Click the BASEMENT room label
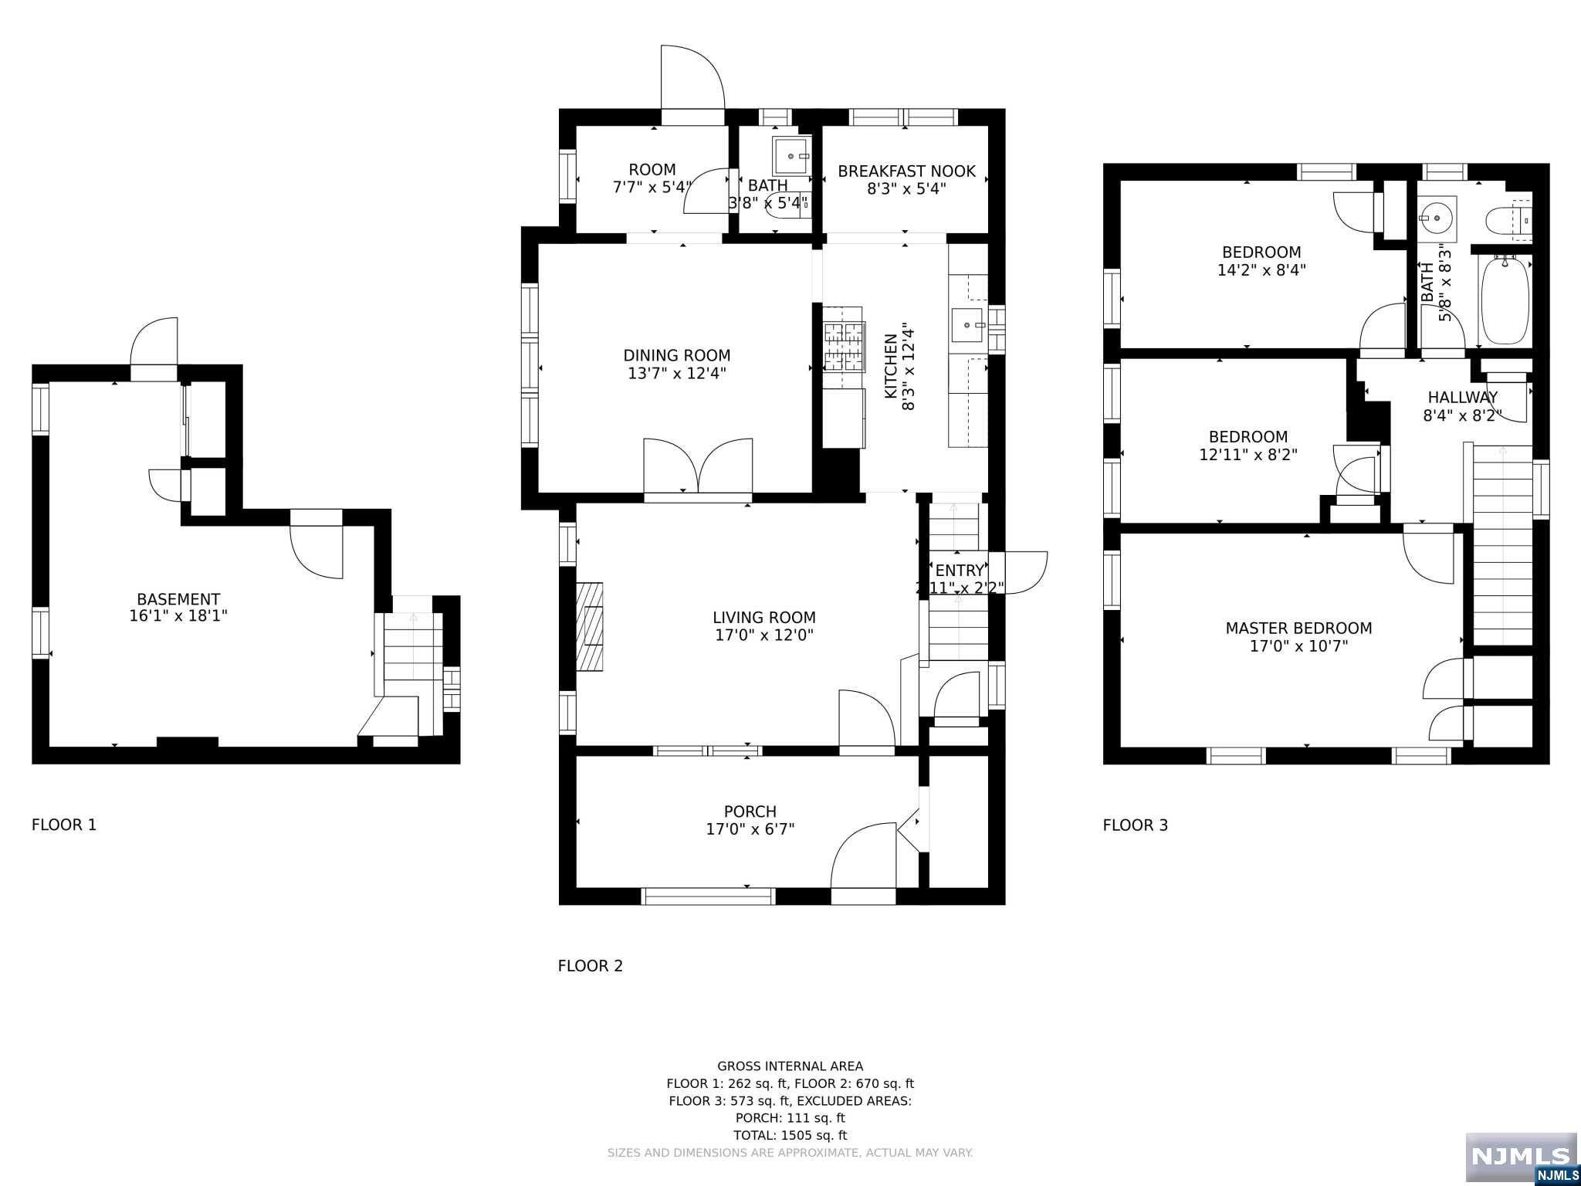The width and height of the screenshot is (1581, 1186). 178,599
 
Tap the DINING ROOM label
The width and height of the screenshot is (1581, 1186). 677,355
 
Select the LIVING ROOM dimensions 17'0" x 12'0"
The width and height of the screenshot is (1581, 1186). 764,635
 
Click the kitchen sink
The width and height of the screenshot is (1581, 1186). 968,326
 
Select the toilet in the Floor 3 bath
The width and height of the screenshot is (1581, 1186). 1508,219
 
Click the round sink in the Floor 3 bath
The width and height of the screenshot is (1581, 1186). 1437,218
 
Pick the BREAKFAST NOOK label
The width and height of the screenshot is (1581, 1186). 906,171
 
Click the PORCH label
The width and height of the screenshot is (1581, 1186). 750,812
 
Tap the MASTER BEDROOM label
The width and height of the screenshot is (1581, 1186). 1298,628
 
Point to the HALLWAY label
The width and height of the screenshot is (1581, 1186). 1462,398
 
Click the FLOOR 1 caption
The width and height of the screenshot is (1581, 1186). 64,825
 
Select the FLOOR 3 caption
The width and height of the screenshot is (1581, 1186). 1136,825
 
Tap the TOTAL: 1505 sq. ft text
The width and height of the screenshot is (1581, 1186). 790,1135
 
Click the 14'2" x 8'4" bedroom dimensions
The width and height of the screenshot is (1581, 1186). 1261,270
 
